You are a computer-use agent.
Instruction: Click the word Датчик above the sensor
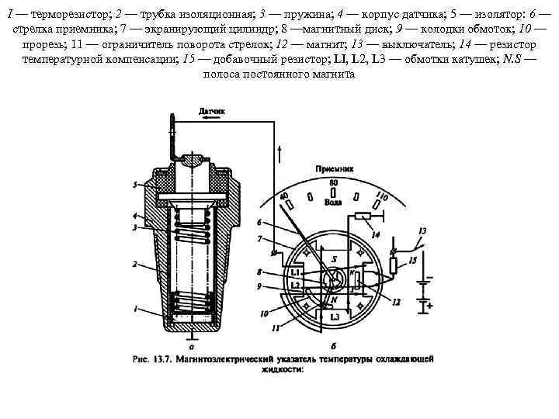(x=212, y=112)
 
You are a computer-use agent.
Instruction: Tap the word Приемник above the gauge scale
(x=335, y=168)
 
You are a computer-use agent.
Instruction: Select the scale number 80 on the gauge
(x=333, y=182)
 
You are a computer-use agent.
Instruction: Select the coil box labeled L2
(x=294, y=285)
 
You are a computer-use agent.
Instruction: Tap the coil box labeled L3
(x=335, y=317)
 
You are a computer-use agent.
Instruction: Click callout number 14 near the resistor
(x=376, y=234)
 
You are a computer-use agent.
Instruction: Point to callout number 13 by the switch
(x=422, y=230)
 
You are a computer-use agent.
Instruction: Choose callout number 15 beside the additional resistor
(x=412, y=260)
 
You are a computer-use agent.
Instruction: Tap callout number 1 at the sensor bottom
(x=134, y=308)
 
